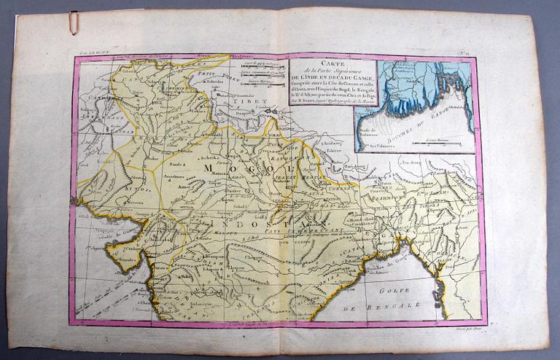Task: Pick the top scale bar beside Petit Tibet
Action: click(x=262, y=65)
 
